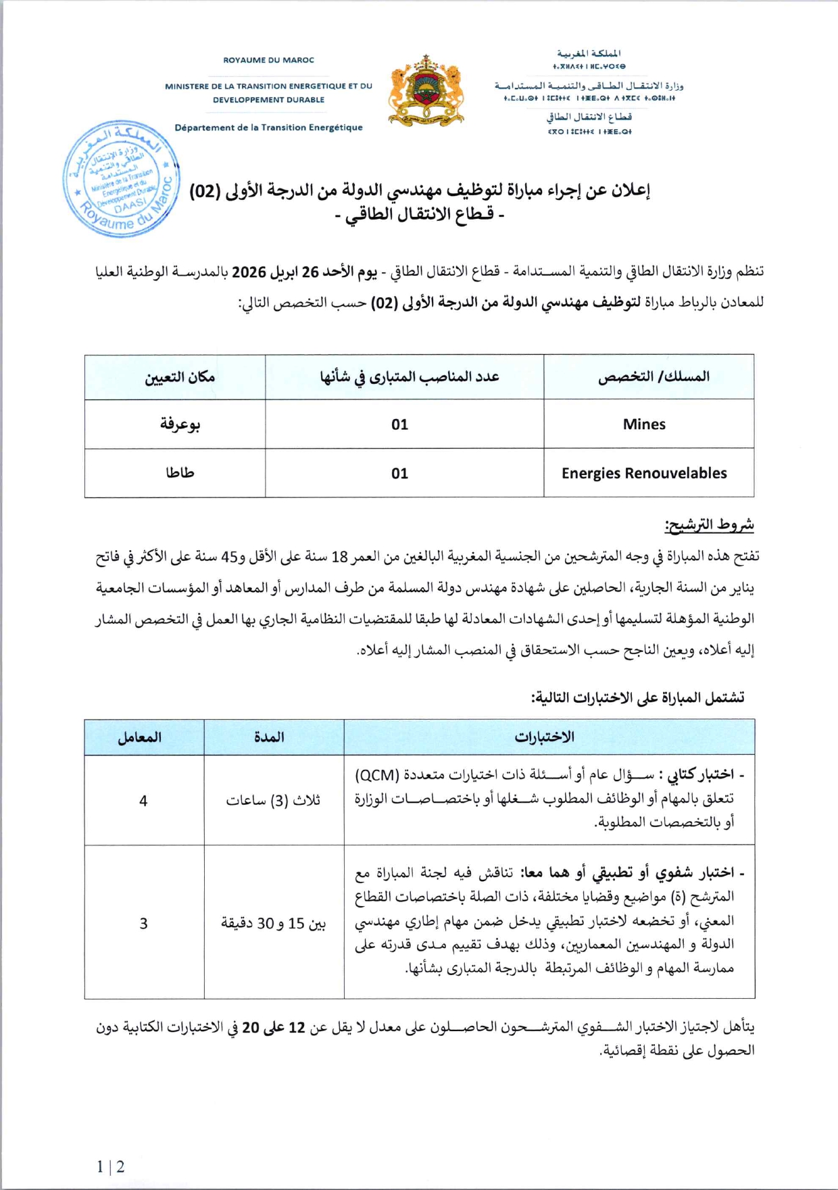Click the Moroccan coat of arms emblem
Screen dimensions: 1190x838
426,91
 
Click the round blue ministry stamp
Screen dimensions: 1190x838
122,179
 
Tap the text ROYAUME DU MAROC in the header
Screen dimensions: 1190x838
269,60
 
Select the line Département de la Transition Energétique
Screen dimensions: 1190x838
268,127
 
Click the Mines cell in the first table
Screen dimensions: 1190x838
644,424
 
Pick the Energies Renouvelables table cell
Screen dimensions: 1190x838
644,473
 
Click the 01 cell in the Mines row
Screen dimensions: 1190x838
399,424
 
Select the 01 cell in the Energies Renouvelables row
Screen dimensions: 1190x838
399,473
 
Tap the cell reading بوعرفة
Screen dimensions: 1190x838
180,424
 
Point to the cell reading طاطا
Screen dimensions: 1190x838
180,472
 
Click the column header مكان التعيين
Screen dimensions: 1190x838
180,377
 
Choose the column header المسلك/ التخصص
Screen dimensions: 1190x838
654,376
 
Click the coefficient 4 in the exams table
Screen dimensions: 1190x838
143,801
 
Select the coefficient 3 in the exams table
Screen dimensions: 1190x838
143,923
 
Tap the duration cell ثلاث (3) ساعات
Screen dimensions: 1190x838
273,801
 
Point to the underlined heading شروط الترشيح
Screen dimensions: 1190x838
710,524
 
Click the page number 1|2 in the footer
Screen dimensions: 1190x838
110,1167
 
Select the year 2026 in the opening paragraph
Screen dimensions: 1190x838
249,272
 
